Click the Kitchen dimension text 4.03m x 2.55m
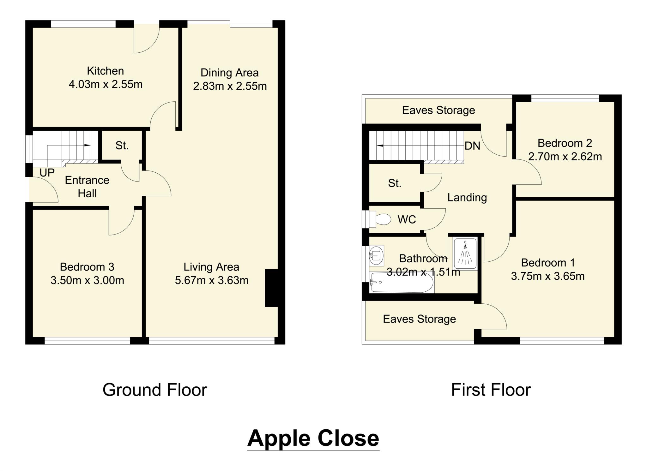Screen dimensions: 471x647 pos(106,85)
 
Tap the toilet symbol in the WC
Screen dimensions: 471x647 pos(382,219)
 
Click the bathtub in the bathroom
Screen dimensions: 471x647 pos(402,282)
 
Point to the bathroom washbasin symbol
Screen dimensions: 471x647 pos(376,255)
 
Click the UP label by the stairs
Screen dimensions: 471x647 pos(47,173)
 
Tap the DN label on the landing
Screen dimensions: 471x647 pos(472,146)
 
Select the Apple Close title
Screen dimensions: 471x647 pos(313,438)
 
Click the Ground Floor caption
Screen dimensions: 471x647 pos(155,390)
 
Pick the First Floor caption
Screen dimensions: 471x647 pos(491,390)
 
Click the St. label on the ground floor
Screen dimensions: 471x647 pos(122,146)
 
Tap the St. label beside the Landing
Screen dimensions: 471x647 pos(395,183)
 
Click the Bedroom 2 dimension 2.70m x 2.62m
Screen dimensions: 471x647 pos(565,157)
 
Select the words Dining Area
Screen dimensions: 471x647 pos(230,73)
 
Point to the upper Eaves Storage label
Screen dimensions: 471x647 pos(438,110)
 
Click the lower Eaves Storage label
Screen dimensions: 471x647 pos(419,319)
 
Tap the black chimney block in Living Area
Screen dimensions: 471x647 pos(271,288)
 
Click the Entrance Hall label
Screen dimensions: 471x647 pos(87,187)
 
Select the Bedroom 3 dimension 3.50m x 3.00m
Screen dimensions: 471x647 pos(87,280)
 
